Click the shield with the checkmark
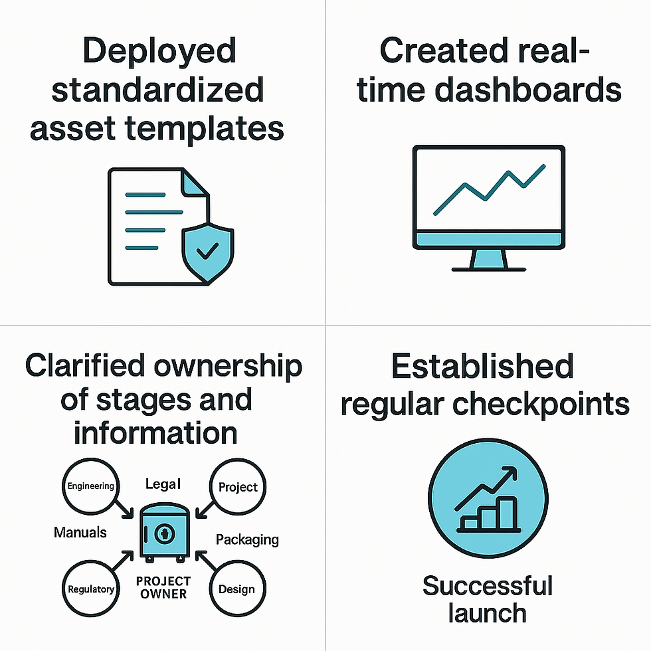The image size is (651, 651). (207, 254)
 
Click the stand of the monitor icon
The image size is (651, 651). (489, 260)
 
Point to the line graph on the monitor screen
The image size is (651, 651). (490, 190)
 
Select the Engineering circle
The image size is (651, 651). (90, 486)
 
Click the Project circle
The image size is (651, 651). (238, 486)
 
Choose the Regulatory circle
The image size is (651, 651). (90, 589)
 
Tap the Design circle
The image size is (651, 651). (238, 589)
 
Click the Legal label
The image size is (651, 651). (163, 484)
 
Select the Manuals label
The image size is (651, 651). (80, 532)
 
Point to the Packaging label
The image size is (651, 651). (247, 539)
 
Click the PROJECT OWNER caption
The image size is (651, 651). (163, 587)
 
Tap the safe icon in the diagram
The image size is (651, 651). (165, 533)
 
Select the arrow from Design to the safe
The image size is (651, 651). (206, 561)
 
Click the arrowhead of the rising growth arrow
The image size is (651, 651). (511, 473)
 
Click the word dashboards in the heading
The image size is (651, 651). (527, 90)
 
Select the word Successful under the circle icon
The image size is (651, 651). (488, 586)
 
